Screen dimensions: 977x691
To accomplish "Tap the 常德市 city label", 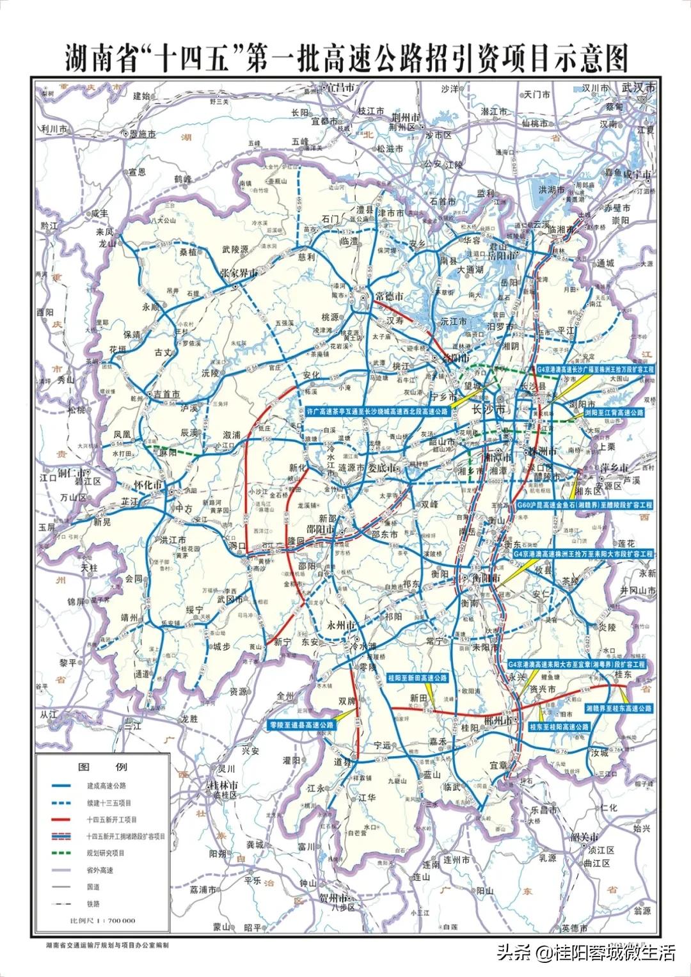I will click(389, 296).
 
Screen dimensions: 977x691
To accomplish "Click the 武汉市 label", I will click(639, 87).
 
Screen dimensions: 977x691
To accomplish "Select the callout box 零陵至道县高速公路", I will click(301, 725).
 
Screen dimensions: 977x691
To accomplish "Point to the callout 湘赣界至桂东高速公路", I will click(619, 708).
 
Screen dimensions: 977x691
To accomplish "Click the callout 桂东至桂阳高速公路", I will click(559, 727).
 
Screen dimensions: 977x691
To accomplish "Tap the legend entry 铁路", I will click(93, 903).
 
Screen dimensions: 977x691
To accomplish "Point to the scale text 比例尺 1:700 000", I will click(102, 921).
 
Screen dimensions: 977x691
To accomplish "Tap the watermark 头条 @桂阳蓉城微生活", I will click(585, 953).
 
